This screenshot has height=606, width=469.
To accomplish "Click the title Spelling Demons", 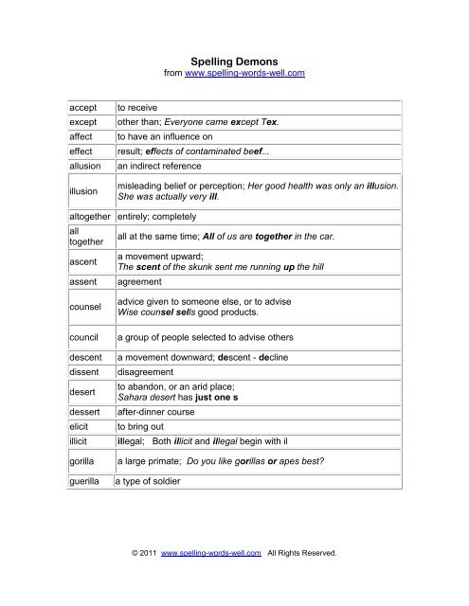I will point(234,57).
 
